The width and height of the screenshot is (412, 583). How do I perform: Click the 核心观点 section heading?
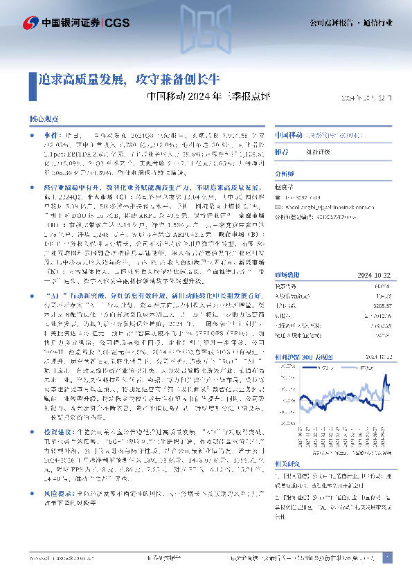coord(44,120)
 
